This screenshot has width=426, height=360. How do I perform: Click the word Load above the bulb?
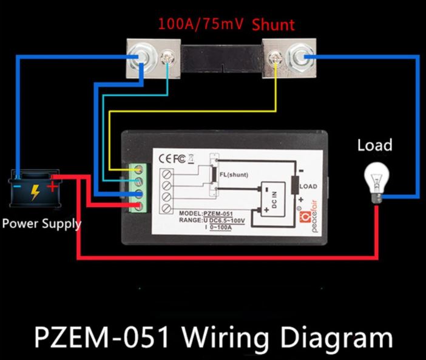[x=374, y=146]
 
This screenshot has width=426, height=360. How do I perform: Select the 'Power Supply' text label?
[x=41, y=223]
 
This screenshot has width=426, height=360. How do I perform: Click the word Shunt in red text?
[x=273, y=25]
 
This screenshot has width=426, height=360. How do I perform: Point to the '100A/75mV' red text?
[x=201, y=25]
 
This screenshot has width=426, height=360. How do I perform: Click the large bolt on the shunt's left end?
[x=141, y=59]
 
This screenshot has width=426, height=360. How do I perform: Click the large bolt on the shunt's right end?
[x=300, y=59]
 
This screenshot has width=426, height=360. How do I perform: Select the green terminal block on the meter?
[x=138, y=188]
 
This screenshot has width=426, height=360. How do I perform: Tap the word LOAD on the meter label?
[x=308, y=186]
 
